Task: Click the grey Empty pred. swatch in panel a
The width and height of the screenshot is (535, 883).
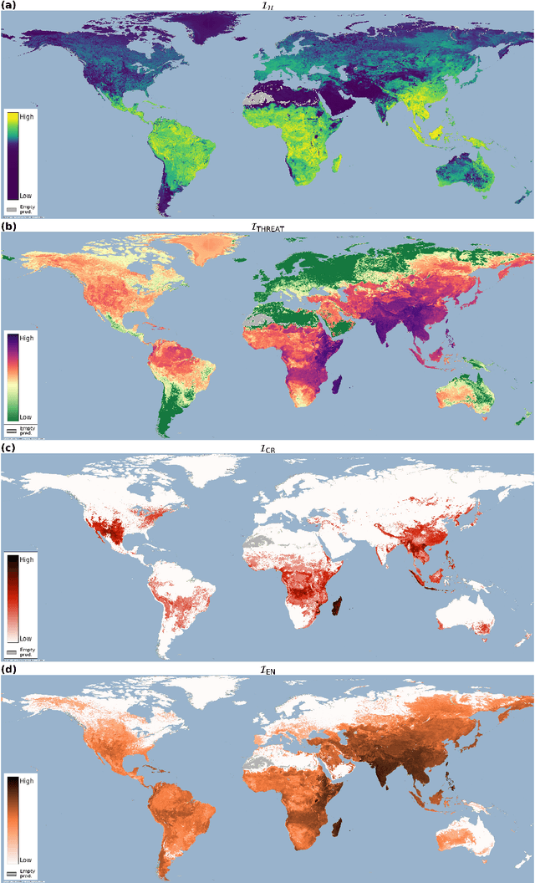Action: pyautogui.click(x=12, y=207)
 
